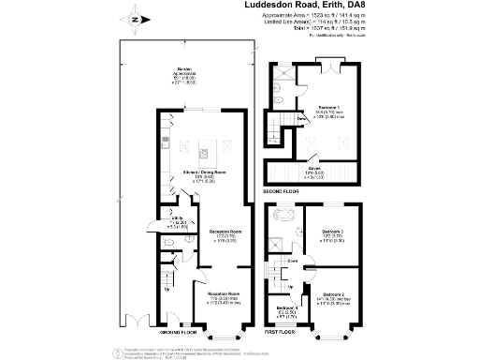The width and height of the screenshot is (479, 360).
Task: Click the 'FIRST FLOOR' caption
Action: coord(285,332)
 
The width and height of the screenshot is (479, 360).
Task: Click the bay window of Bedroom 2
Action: coord(333,322)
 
